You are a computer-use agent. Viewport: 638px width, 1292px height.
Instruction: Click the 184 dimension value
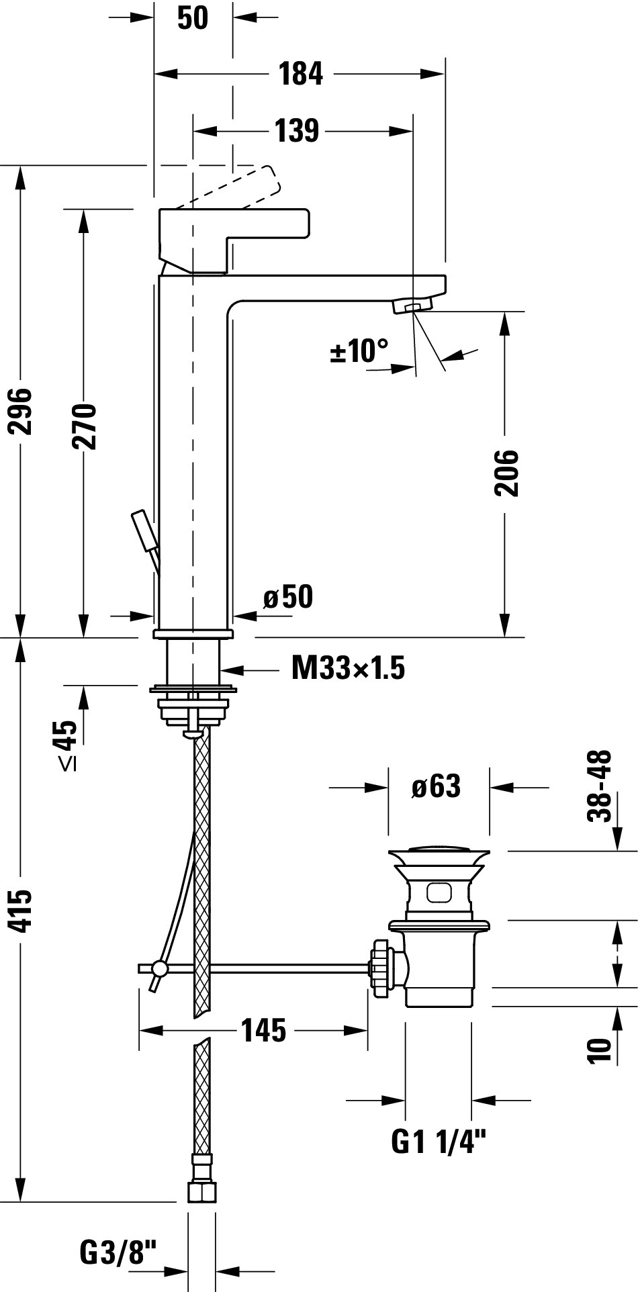click(301, 73)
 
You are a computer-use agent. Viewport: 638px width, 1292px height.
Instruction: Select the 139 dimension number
click(297, 131)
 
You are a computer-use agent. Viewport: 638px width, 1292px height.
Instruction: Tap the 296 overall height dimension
click(24, 411)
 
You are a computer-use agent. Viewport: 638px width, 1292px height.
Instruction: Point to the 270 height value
click(85, 426)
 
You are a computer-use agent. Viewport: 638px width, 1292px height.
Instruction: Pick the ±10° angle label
click(359, 351)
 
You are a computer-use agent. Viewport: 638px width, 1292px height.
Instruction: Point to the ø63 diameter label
click(437, 786)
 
